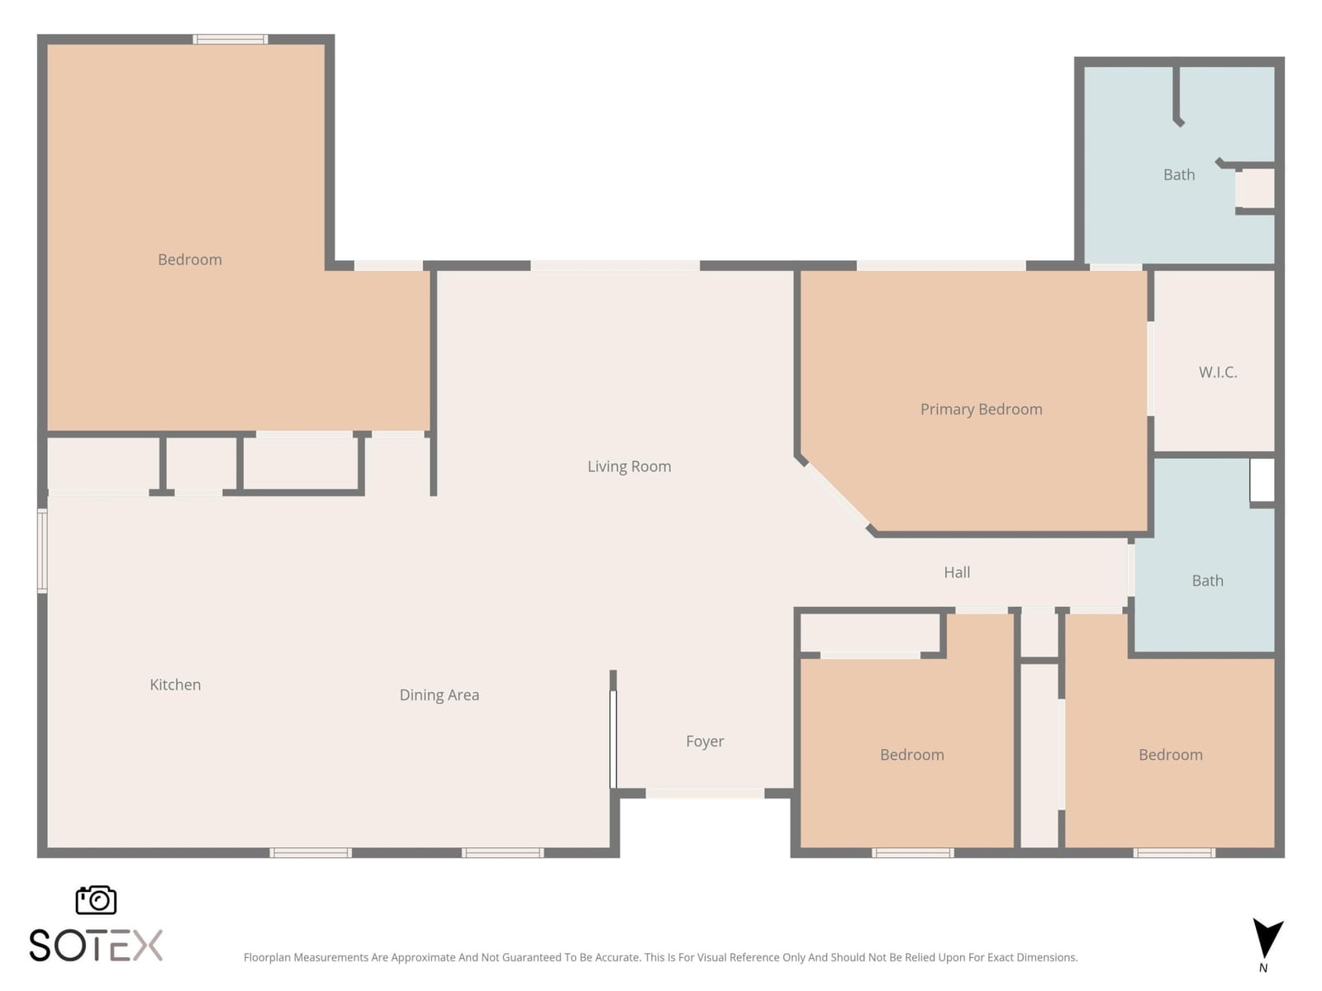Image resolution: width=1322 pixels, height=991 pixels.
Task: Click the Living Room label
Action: click(x=629, y=467)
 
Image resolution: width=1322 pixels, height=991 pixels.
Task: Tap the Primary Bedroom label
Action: click(x=981, y=409)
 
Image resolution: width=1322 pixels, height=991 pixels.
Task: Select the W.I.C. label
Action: click(x=1217, y=372)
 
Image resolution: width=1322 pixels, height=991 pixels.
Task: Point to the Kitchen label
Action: click(x=174, y=684)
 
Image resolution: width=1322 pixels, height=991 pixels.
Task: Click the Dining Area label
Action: click(x=439, y=695)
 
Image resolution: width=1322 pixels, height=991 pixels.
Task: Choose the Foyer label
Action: click(x=705, y=742)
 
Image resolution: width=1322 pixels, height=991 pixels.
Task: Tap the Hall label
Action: click(x=957, y=572)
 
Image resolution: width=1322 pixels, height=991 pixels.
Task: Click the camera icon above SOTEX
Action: click(x=96, y=899)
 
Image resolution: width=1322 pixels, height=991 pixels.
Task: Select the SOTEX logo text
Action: click(x=96, y=946)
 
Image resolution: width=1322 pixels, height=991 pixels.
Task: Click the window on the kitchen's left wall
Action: click(x=42, y=551)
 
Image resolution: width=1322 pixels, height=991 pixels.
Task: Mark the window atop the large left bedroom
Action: click(x=230, y=39)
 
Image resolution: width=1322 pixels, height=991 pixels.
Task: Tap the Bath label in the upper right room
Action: click(x=1179, y=174)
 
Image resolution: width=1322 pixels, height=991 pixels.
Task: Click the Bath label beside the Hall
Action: click(x=1207, y=581)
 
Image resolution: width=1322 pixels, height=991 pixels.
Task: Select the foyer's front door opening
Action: click(x=705, y=794)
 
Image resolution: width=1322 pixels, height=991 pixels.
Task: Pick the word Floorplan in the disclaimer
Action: click(x=267, y=957)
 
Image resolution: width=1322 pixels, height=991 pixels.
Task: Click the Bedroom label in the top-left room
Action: click(x=190, y=259)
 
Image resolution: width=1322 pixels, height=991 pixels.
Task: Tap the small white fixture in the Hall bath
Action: click(x=1262, y=480)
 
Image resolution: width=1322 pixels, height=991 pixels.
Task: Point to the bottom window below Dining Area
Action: click(x=503, y=852)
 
